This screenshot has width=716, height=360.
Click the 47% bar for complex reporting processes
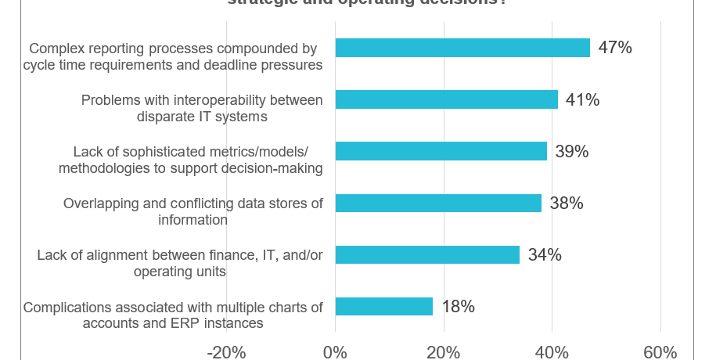pos(462,48)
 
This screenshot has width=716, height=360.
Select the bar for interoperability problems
pos(446,99)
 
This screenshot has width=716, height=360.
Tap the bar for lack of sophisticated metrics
pos(441,151)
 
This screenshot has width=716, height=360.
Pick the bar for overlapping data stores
pos(438,203)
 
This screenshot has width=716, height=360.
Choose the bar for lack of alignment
pos(427,254)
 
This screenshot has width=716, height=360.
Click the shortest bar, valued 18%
pos(383,306)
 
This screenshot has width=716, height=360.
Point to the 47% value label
pos(614,48)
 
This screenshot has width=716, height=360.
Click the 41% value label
pos(582,99)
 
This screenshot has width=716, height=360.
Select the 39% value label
pos(571,151)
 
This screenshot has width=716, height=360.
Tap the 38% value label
pos(566,203)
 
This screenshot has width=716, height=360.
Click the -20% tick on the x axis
pos(226,351)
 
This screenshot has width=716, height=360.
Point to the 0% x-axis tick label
pos(335,351)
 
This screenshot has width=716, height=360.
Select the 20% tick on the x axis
pos(444,351)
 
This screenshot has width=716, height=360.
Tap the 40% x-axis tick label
pos(552,351)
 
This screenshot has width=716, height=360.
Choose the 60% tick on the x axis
pos(660,351)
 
